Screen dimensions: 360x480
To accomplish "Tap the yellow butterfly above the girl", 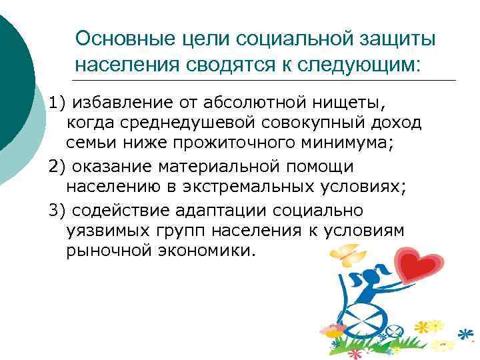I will [x=350, y=254].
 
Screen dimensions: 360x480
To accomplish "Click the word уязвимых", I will [x=107, y=231].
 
